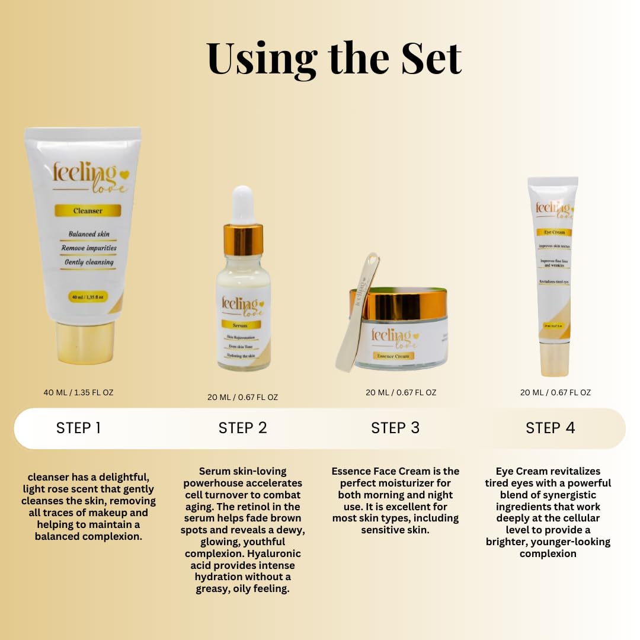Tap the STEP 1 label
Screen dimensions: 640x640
point(78,428)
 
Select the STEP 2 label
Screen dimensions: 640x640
point(242,428)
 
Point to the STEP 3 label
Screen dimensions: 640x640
point(395,428)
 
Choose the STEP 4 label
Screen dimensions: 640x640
point(550,428)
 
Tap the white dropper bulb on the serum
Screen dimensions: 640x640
point(243,205)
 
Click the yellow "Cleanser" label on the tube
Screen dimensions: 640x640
point(88,210)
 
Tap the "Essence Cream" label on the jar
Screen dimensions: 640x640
point(393,356)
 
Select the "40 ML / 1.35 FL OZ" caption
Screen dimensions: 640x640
point(78,392)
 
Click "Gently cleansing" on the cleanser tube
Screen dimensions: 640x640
point(89,262)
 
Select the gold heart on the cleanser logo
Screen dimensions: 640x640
point(124,174)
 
